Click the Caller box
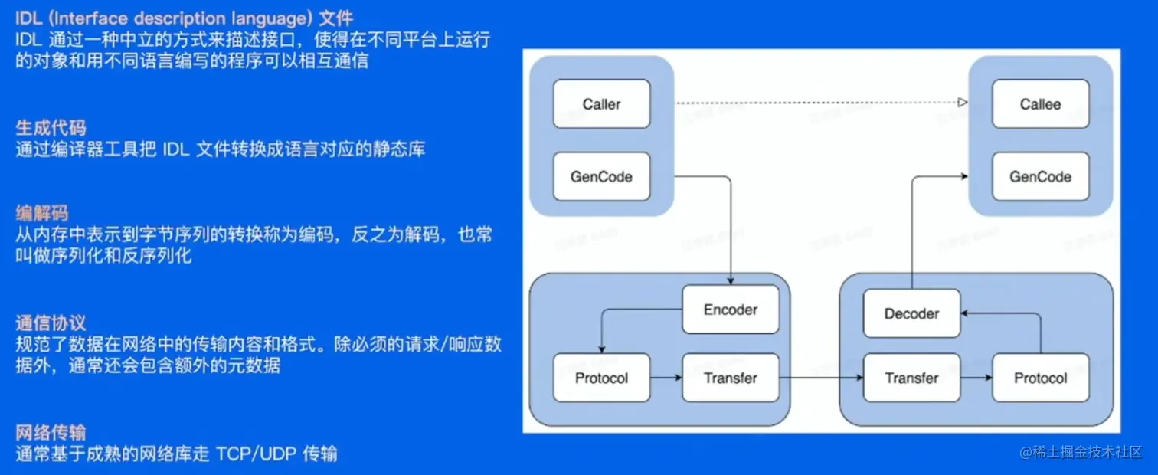601,104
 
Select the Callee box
1040,104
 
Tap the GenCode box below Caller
601,176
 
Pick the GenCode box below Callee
1040,176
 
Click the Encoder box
730,310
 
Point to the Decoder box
911,313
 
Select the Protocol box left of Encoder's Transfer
601,378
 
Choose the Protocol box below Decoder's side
1040,378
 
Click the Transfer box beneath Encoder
730,378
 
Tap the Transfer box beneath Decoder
911,378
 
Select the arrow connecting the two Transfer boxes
821,378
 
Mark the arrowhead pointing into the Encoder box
731,282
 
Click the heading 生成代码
51,128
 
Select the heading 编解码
42,213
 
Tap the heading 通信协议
51,323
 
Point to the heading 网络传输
51,432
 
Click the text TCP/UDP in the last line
257,454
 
